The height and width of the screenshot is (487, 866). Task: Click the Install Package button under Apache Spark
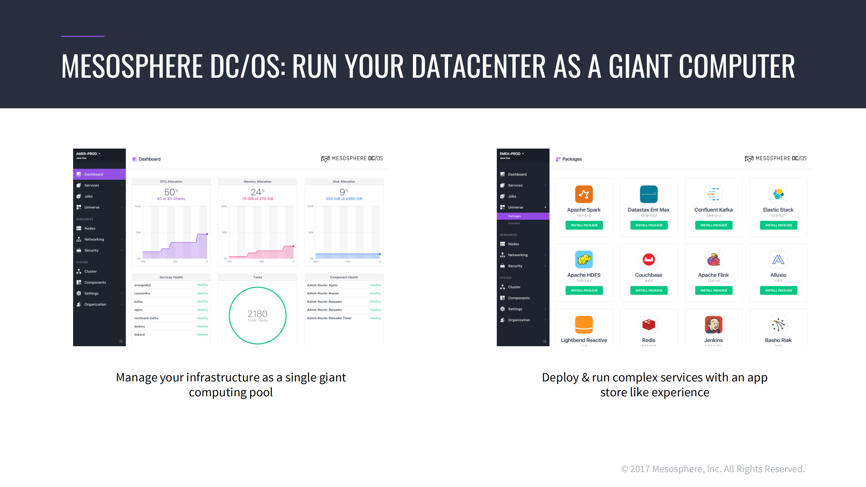tap(584, 225)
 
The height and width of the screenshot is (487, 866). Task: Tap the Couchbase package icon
tap(648, 260)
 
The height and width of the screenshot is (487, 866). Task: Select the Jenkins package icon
tap(713, 325)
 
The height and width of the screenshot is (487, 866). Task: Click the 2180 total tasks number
tap(257, 314)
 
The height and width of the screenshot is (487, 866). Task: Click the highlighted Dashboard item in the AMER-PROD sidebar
tap(99, 174)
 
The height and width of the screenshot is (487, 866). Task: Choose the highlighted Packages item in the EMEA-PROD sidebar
tap(523, 216)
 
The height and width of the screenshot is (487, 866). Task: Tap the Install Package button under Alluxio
tap(778, 290)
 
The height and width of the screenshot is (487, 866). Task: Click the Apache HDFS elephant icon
tap(584, 260)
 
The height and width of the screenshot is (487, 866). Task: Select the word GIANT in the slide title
tap(640, 66)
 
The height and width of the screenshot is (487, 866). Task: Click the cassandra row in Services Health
tap(171, 293)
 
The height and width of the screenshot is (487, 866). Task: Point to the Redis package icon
tap(648, 325)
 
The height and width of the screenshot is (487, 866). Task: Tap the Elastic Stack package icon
tap(778, 194)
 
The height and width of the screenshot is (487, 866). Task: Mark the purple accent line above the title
tap(83, 36)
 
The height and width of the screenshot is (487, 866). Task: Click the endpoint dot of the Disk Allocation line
tap(380, 254)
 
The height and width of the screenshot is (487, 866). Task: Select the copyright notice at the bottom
tap(713, 469)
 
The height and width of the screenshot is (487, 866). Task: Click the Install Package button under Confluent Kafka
tap(713, 225)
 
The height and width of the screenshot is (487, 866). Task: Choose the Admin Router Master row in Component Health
tap(344, 293)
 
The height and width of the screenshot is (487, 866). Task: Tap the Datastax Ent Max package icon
tap(648, 194)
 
